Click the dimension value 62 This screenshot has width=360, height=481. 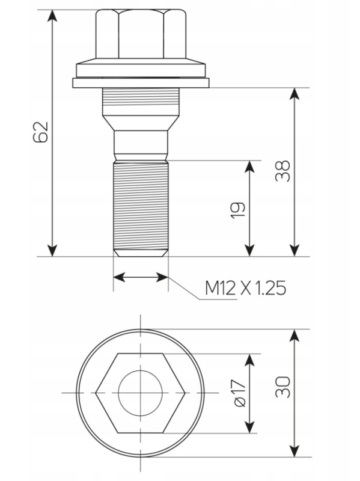[40, 132]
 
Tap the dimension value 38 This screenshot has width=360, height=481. [282, 171]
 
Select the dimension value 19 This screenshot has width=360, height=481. [238, 209]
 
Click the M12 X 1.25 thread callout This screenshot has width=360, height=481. [245, 288]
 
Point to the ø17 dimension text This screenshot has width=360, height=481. [240, 393]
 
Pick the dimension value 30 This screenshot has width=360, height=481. [282, 387]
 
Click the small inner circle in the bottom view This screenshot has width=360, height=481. [141, 393]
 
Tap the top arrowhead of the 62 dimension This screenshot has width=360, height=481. [52, 16]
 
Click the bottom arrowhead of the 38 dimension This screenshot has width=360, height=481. [294, 250]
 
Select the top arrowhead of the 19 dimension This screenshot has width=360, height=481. [250, 167]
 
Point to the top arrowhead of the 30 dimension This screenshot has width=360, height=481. [294, 335]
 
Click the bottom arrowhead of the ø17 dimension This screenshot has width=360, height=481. [250, 427]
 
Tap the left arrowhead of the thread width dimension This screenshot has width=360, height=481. [120, 277]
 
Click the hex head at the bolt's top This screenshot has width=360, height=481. [141, 34]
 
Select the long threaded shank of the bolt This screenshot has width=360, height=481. [141, 206]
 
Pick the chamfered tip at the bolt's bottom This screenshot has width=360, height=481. [141, 253]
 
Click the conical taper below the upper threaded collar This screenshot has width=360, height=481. [141, 123]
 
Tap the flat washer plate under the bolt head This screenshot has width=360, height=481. [141, 83]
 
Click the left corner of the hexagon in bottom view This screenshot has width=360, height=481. [96, 393]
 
